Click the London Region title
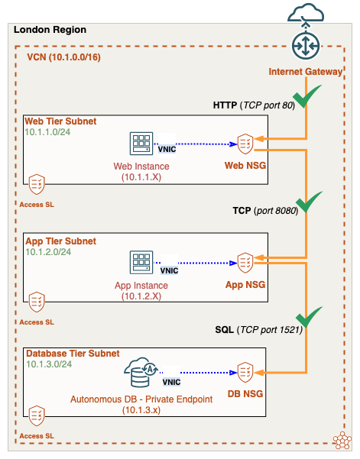point(50,30)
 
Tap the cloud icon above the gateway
point(306,13)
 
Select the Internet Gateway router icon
point(306,44)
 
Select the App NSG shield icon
point(245,261)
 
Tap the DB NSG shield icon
point(245,373)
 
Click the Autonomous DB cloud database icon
point(143,373)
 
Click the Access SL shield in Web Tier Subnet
point(37,184)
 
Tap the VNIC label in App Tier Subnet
point(169,270)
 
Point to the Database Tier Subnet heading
point(73,354)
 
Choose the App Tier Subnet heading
point(60,241)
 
